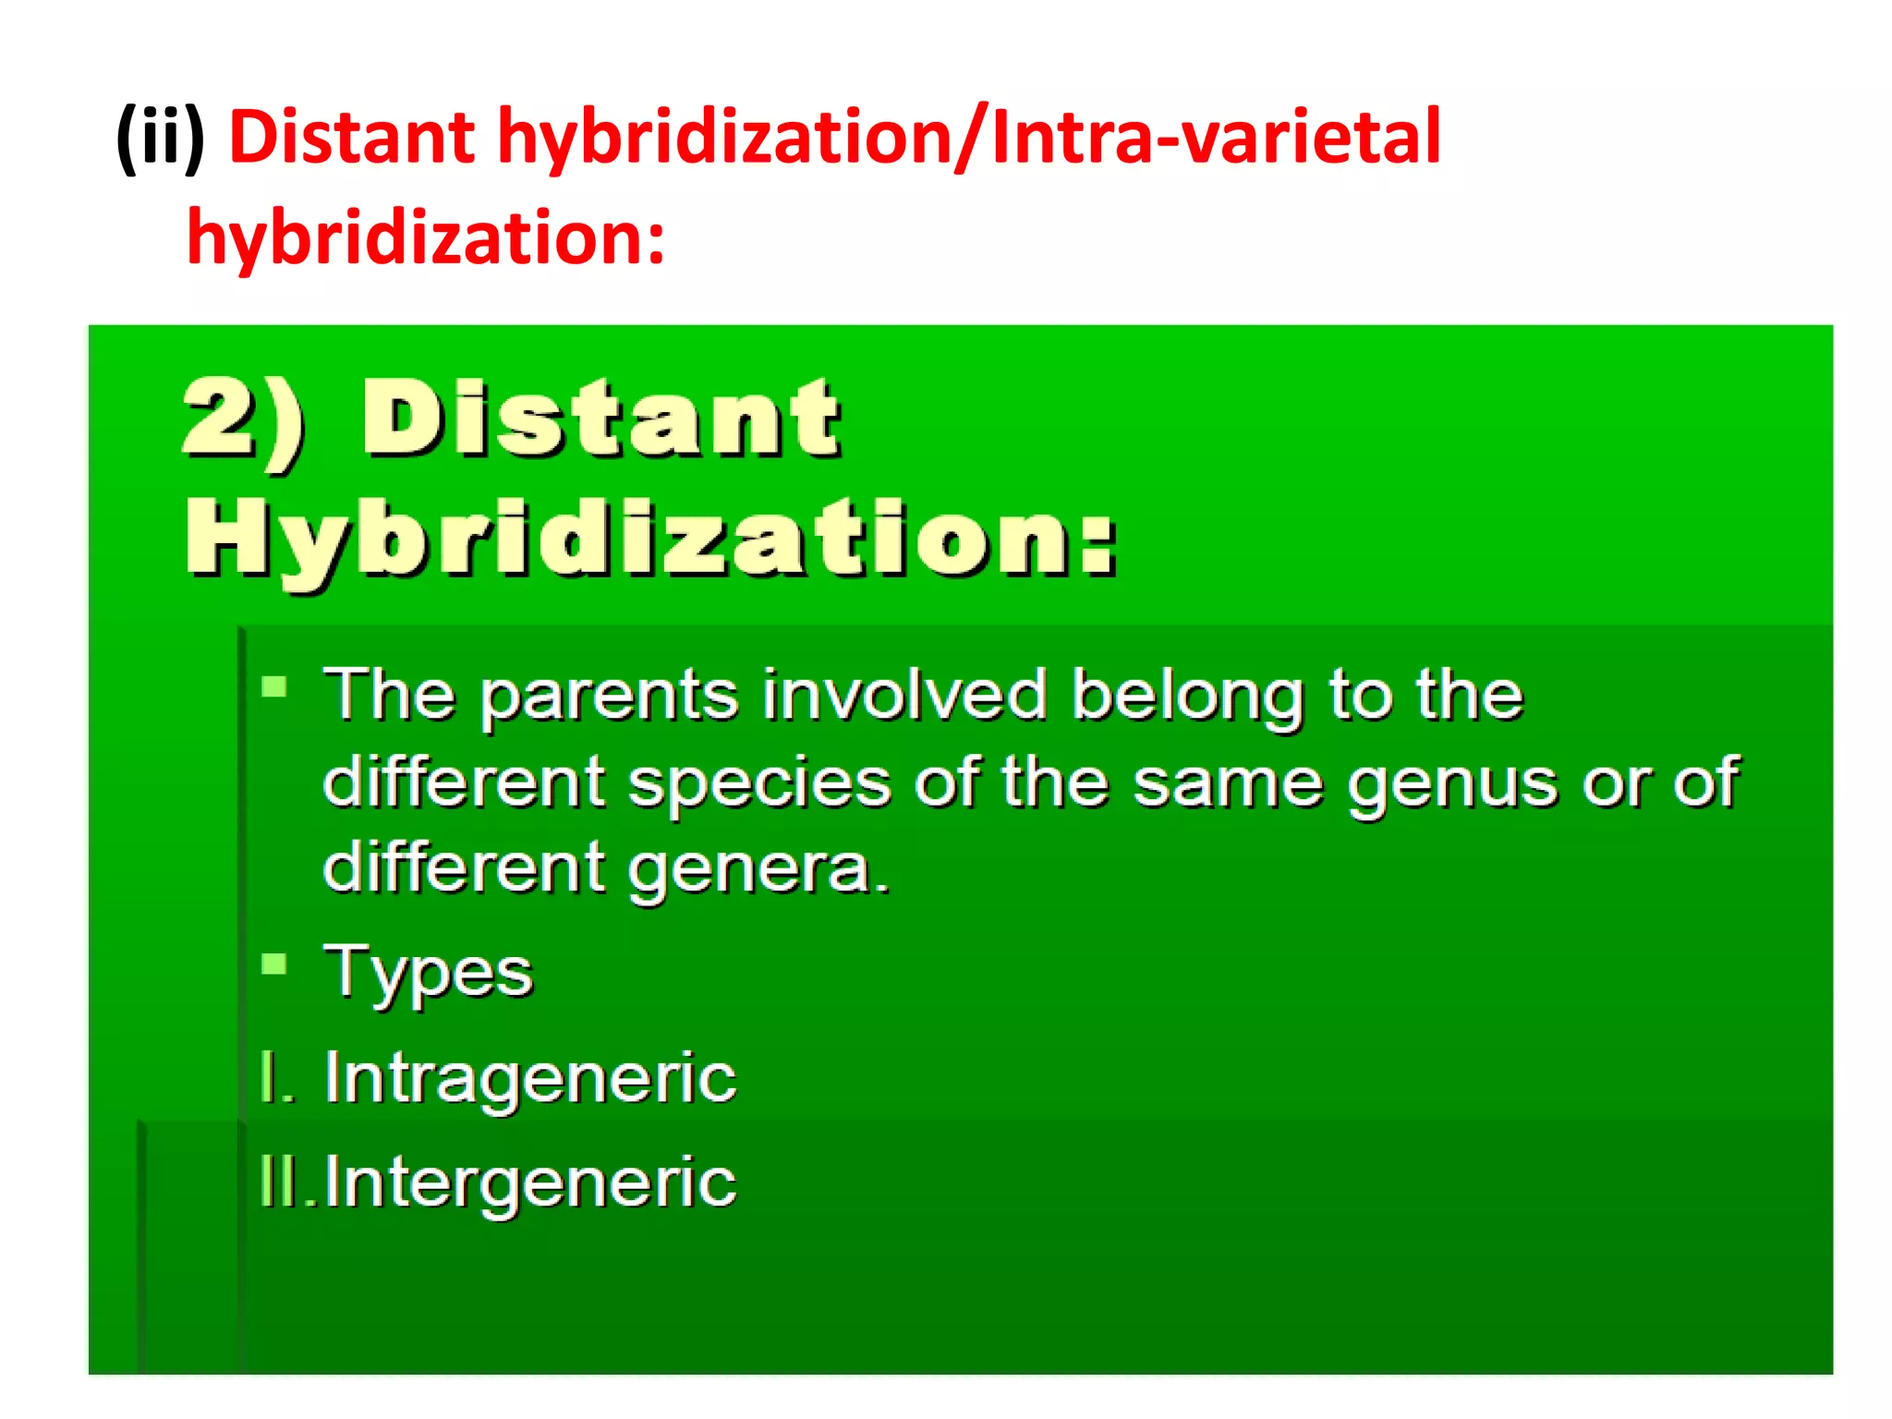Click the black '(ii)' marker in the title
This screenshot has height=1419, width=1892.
click(161, 139)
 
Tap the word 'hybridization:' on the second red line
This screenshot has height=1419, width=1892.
click(425, 238)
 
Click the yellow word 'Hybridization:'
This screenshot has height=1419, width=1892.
click(650, 539)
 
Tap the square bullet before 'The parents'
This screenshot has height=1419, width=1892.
click(274, 686)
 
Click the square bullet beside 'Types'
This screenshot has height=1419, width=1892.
click(274, 964)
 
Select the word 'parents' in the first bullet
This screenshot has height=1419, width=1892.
click(609, 697)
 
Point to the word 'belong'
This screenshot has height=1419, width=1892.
click(1186, 697)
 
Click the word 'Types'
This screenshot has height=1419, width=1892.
click(428, 974)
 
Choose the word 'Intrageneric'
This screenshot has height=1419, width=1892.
click(529, 1078)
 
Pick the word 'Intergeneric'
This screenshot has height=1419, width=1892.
click(529, 1182)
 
